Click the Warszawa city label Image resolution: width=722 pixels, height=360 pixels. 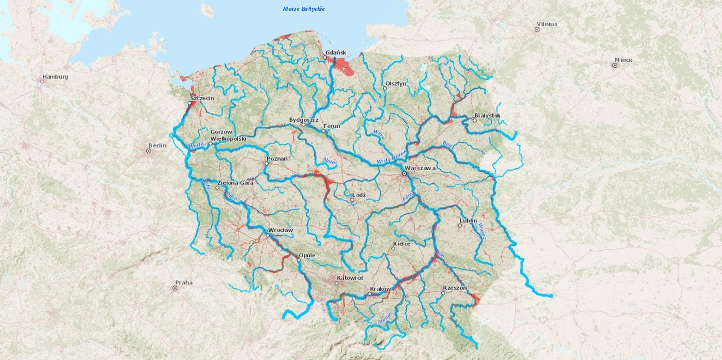point(420,168)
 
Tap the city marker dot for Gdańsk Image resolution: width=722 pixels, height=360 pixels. point(325,58)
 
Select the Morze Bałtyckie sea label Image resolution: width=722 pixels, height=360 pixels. point(304,9)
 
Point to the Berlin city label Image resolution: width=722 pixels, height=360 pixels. point(157,145)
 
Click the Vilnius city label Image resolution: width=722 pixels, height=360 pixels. point(547,24)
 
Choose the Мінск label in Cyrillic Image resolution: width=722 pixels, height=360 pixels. point(623,60)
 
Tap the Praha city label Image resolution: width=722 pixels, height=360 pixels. point(184,283)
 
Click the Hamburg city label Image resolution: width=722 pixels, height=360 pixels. point(55,77)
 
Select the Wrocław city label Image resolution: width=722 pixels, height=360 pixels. point(280,230)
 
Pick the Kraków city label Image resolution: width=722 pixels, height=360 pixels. point(380,289)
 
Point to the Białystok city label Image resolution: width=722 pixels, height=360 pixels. point(487,115)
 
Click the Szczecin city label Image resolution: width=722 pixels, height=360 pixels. point(202,98)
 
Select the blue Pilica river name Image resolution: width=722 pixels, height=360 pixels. point(408,196)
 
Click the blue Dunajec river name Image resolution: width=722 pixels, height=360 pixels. point(384,317)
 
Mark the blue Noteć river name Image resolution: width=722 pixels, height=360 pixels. point(330,161)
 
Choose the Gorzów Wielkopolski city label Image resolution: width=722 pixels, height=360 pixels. point(228,135)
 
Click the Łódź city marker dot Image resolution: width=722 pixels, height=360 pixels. point(352,199)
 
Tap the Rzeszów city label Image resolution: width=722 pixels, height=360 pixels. point(455,288)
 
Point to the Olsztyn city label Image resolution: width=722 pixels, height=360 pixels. point(396,83)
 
